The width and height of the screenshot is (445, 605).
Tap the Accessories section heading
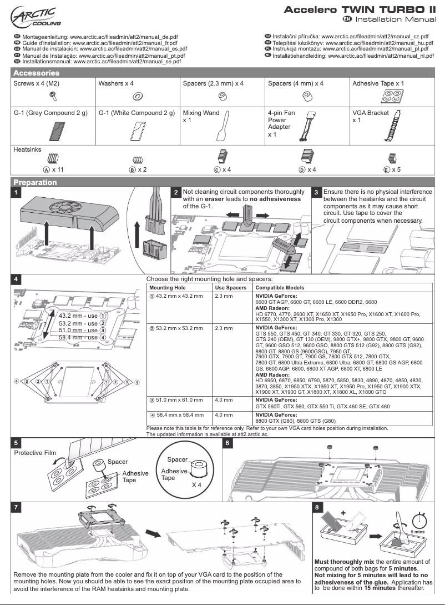[36, 73]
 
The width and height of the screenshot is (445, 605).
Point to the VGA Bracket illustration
[395, 127]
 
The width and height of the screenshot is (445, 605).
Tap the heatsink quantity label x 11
[58, 169]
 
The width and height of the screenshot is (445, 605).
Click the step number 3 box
[316, 192]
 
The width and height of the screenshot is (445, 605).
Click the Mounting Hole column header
[167, 288]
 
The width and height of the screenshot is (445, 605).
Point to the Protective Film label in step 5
[34, 453]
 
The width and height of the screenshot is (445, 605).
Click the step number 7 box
[18, 507]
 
